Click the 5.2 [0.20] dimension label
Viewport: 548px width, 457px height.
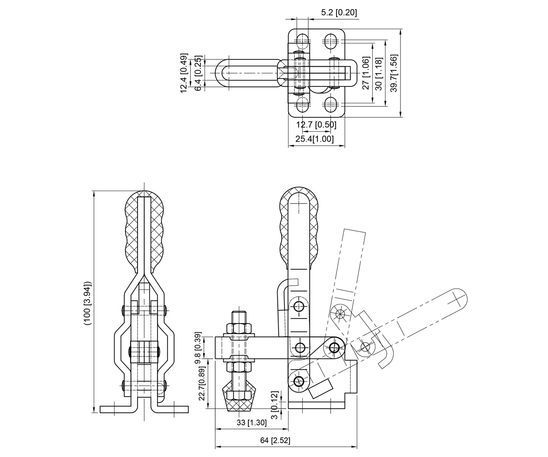tap(339, 12)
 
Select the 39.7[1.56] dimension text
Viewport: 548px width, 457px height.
tap(394, 73)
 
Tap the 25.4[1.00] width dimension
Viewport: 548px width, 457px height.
tap(315, 138)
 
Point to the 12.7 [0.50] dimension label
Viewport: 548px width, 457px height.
tap(316, 124)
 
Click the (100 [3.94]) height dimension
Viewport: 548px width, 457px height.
tap(87, 303)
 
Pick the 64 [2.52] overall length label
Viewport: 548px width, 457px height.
tap(275, 440)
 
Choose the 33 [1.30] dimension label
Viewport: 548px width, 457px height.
tap(252, 422)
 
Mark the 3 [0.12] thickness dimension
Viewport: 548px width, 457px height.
tap(274, 405)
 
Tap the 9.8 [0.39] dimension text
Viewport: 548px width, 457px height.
tap(198, 348)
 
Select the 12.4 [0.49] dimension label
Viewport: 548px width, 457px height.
tap(184, 73)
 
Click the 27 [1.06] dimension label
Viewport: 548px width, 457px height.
tap(366, 73)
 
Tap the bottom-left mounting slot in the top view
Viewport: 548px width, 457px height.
tap(303, 105)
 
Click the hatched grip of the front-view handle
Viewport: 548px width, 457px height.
tap(144, 231)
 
